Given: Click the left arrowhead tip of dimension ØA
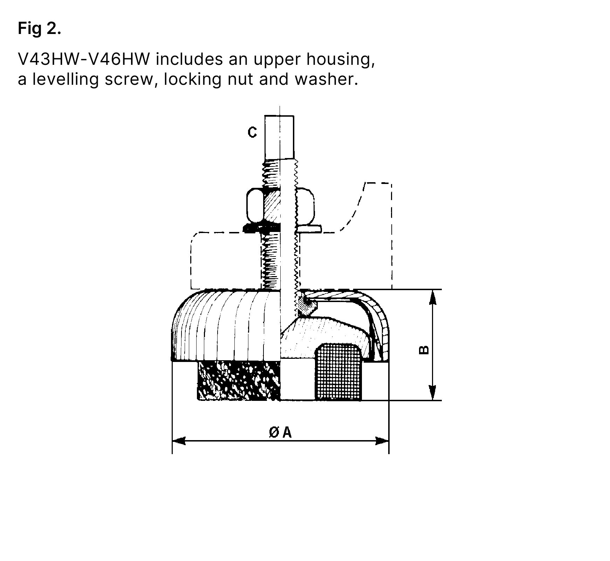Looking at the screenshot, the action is (173, 440).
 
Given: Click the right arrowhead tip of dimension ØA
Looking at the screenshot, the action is (389, 440).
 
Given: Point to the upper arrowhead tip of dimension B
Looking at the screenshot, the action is (433, 290).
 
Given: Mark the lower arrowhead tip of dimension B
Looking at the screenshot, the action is (433, 400).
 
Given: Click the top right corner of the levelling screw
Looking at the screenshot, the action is (294, 116).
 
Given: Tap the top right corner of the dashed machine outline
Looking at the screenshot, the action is (391, 183).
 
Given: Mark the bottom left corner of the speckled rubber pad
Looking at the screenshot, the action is (198, 400).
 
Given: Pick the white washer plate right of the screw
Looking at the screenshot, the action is (310, 228).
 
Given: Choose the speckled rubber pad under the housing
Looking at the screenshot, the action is (239, 381).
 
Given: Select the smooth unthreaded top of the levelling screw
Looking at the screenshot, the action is (279, 137).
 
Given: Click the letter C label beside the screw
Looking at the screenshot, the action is (252, 132).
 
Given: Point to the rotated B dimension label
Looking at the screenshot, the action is (424, 350).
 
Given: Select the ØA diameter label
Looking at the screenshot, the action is (280, 433).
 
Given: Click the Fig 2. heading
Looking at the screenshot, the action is (40, 28).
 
